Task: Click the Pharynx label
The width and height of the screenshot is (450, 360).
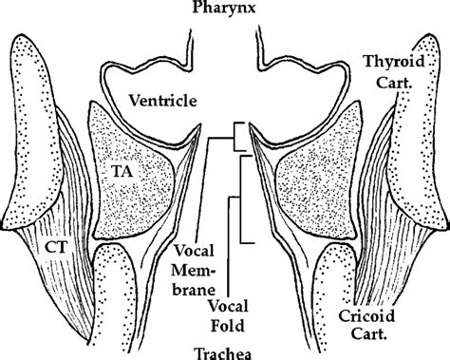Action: (x=224, y=7)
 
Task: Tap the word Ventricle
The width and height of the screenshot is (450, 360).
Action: (x=163, y=101)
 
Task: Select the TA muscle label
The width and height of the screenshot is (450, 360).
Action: (x=122, y=172)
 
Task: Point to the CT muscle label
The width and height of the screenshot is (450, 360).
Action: (x=56, y=247)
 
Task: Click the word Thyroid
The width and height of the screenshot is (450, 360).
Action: (x=394, y=62)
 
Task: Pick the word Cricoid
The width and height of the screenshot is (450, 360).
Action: (x=366, y=316)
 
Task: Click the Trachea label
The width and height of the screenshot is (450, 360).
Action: (x=224, y=353)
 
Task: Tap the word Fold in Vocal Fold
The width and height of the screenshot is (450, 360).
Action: (x=228, y=326)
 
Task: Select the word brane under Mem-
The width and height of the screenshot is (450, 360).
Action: (x=194, y=290)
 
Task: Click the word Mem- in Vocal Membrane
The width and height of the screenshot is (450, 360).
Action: (x=194, y=271)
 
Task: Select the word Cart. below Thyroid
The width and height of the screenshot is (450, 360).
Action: (x=394, y=83)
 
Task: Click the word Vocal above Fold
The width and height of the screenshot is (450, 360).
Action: (x=228, y=307)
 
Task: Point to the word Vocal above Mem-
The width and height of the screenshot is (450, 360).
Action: (x=195, y=251)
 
